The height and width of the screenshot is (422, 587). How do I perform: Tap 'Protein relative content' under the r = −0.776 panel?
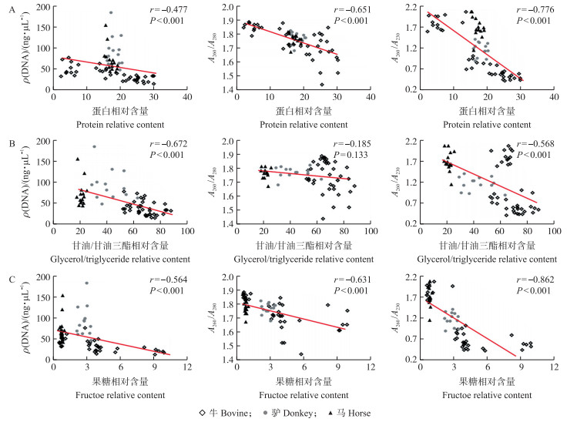488,124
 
